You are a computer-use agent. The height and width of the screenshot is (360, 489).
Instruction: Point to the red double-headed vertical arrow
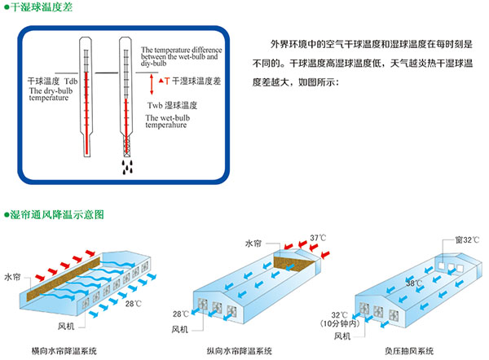pos(151,81)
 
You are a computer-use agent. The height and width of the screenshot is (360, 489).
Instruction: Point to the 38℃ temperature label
pos(415,283)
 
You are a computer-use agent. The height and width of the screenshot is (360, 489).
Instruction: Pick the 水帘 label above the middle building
pos(253,242)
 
